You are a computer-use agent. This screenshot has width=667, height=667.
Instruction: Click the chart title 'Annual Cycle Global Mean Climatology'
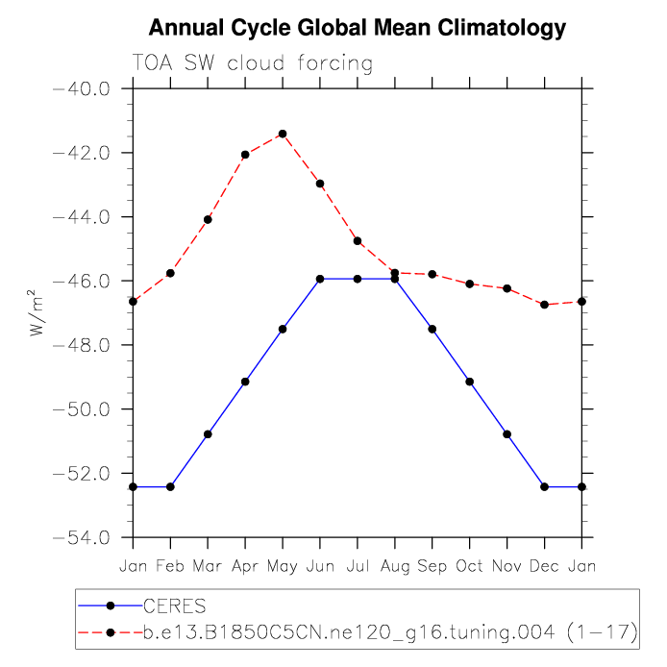tap(358, 28)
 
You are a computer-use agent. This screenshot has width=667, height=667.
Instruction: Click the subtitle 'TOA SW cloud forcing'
tap(252, 64)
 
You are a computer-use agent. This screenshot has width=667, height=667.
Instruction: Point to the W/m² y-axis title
tap(37, 313)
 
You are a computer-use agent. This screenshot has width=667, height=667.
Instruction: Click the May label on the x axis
tap(282, 566)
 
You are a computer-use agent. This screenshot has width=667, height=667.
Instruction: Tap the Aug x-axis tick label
tap(394, 566)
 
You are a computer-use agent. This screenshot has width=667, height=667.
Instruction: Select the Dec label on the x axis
tap(544, 566)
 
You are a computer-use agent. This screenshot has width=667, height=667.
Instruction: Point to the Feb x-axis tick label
tap(169, 566)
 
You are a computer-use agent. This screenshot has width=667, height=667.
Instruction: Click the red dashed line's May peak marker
tap(282, 134)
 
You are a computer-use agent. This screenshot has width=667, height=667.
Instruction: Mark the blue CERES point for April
tap(245, 382)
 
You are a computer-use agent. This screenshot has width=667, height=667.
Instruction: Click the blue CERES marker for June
tap(319, 279)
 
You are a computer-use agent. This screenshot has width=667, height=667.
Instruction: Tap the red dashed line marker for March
tap(208, 219)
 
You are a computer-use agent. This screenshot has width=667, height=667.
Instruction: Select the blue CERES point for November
tap(506, 434)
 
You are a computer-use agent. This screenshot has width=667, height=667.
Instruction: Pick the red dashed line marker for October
tap(469, 284)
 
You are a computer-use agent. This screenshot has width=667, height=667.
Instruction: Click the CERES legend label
tap(174, 606)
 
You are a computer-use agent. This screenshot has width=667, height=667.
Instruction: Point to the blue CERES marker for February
tap(170, 486)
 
